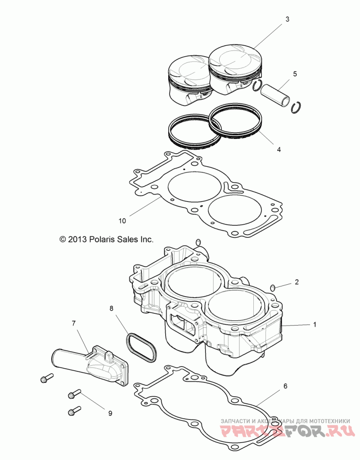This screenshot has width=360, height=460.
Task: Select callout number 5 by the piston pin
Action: pyautogui.click(x=295, y=73)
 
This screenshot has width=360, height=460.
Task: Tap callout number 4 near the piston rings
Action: pyautogui.click(x=279, y=149)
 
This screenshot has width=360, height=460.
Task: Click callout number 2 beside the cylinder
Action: pyautogui.click(x=297, y=282)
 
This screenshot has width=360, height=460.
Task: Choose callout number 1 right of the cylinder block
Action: pyautogui.click(x=315, y=324)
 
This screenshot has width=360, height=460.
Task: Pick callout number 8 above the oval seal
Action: pyautogui.click(x=112, y=308)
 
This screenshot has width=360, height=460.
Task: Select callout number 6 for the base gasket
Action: pyautogui.click(x=285, y=386)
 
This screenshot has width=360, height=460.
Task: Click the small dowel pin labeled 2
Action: pyautogui.click(x=272, y=287)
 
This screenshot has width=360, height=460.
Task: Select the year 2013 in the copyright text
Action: pyautogui.click(x=76, y=240)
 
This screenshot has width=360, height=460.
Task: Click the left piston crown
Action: pyautogui.click(x=189, y=70)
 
